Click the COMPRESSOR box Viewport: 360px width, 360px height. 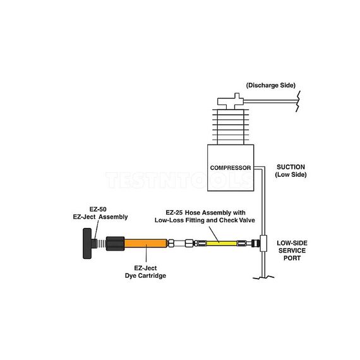point(231,167)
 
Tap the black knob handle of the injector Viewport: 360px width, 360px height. point(87,243)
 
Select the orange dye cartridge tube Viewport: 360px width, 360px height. point(146,243)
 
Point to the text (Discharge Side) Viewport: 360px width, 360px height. point(270,85)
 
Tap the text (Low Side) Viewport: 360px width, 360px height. point(291,175)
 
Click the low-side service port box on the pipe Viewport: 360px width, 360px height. point(264,242)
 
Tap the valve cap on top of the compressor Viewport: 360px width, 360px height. point(229,101)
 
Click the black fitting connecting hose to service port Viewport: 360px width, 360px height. point(253,242)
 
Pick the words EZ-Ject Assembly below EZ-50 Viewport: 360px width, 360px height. point(101,217)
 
